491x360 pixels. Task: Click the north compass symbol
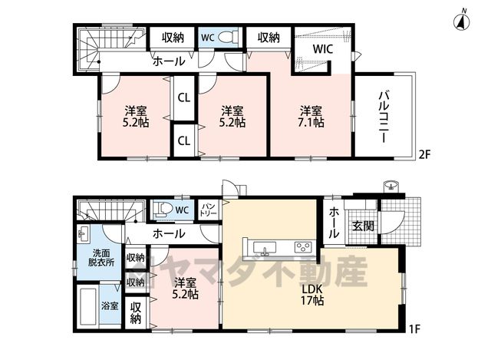462,21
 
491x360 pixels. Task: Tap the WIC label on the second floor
323,49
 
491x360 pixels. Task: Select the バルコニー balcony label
384,117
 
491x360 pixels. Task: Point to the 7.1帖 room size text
311,122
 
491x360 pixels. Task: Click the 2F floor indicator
425,154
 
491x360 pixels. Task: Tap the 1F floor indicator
414,329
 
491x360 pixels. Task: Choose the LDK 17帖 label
312,296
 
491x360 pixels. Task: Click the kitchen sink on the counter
265,246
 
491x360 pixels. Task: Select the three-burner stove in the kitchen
304,246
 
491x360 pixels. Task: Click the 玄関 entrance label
363,226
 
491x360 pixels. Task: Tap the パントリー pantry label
209,210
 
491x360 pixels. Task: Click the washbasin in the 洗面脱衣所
83,234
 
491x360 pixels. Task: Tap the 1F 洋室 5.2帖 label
186,289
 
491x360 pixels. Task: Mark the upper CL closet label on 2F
184,98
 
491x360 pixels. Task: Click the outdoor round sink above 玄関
390,186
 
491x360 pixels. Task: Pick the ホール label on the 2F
169,61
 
